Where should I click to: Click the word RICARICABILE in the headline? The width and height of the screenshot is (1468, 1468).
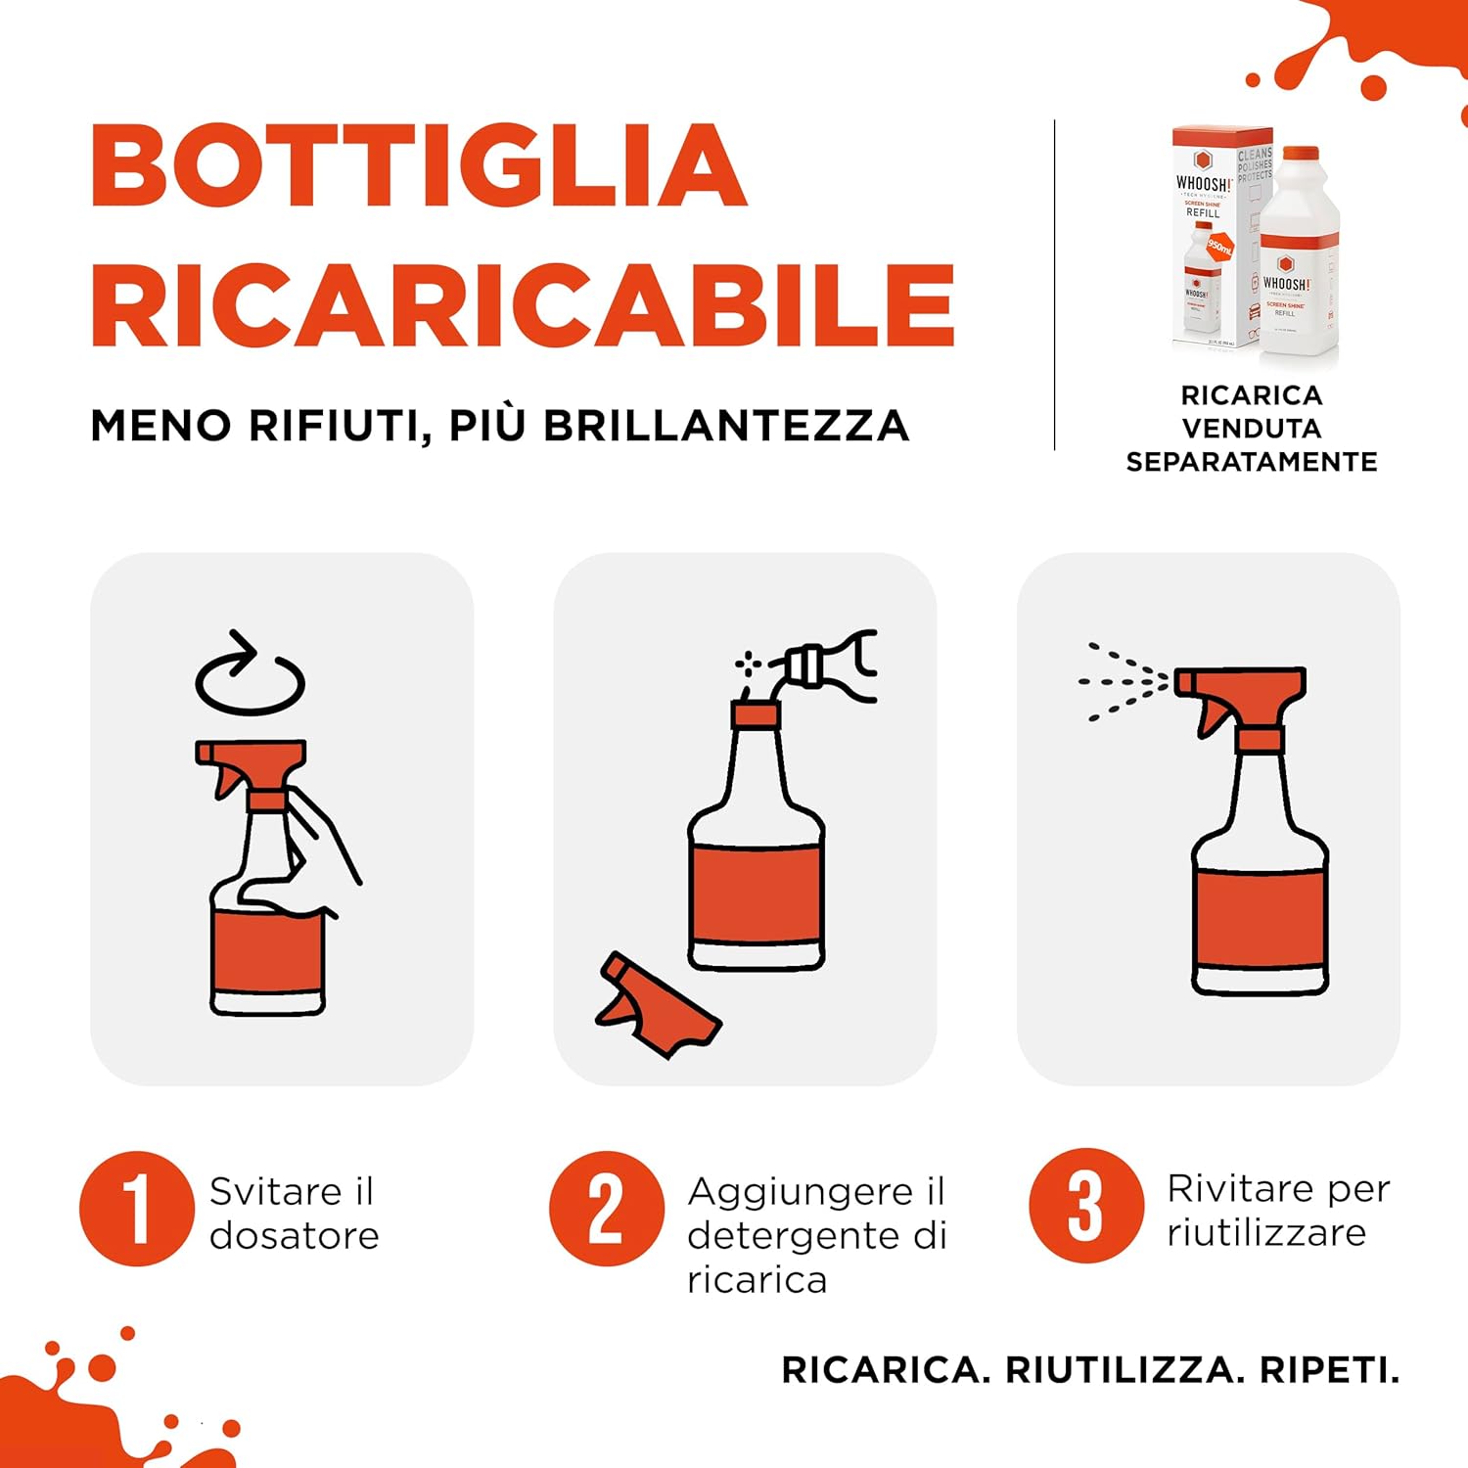[x=523, y=305]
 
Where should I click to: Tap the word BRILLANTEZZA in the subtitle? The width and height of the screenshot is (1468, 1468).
[x=726, y=426]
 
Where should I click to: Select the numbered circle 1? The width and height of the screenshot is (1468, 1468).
[x=136, y=1209]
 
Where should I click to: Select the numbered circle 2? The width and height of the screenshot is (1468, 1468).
[x=606, y=1209]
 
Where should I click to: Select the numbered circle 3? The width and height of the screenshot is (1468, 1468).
[x=1085, y=1206]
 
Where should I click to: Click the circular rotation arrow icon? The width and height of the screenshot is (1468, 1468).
[x=251, y=675]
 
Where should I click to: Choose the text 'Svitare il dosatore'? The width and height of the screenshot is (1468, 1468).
[x=294, y=1214]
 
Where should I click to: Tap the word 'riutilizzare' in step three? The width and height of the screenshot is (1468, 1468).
[x=1265, y=1233]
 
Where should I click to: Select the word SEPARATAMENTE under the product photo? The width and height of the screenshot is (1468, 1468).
[x=1251, y=462]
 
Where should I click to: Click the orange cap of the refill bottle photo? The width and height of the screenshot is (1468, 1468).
[x=1301, y=155]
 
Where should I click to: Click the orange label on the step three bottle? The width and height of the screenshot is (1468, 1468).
[x=1261, y=918]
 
